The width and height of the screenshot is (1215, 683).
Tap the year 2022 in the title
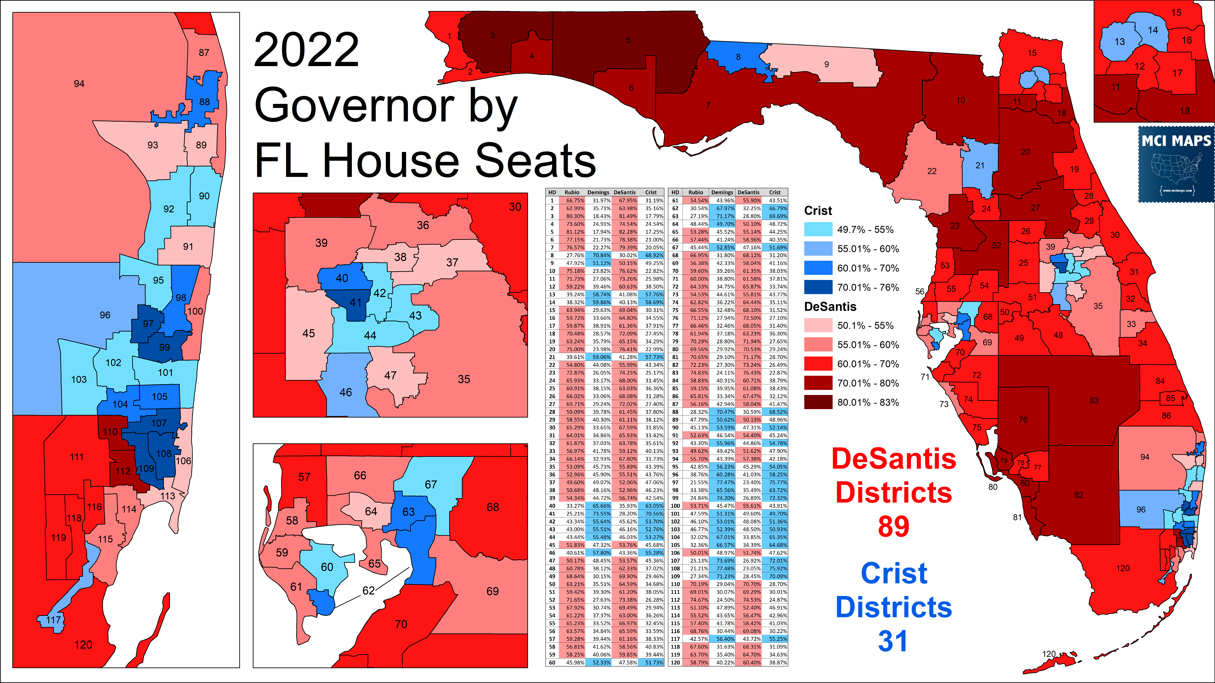click(307, 50)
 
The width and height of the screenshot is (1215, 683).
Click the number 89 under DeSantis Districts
click(893, 527)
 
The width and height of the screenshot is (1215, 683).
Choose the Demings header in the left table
click(598, 192)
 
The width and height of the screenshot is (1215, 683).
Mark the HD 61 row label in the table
click(675, 200)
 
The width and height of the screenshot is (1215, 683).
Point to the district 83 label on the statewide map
click(1094, 400)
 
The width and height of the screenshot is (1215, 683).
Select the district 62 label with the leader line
click(368, 591)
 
